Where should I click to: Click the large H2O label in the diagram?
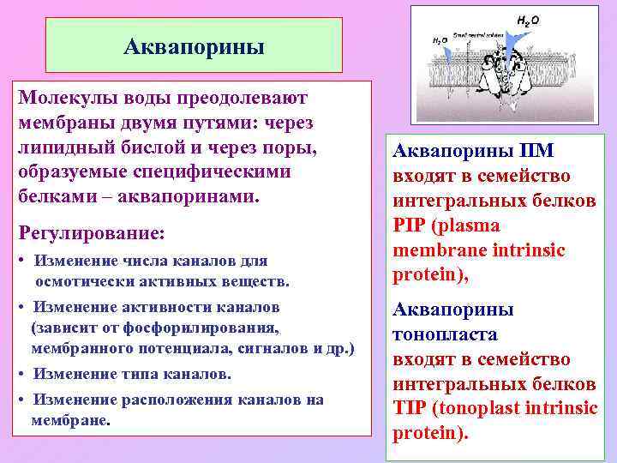coord(528,18)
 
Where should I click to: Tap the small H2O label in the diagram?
coord(438,40)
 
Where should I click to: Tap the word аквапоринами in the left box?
coord(194,196)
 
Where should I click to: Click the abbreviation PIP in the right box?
coord(411,226)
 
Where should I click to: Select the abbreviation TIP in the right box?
coord(410,408)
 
